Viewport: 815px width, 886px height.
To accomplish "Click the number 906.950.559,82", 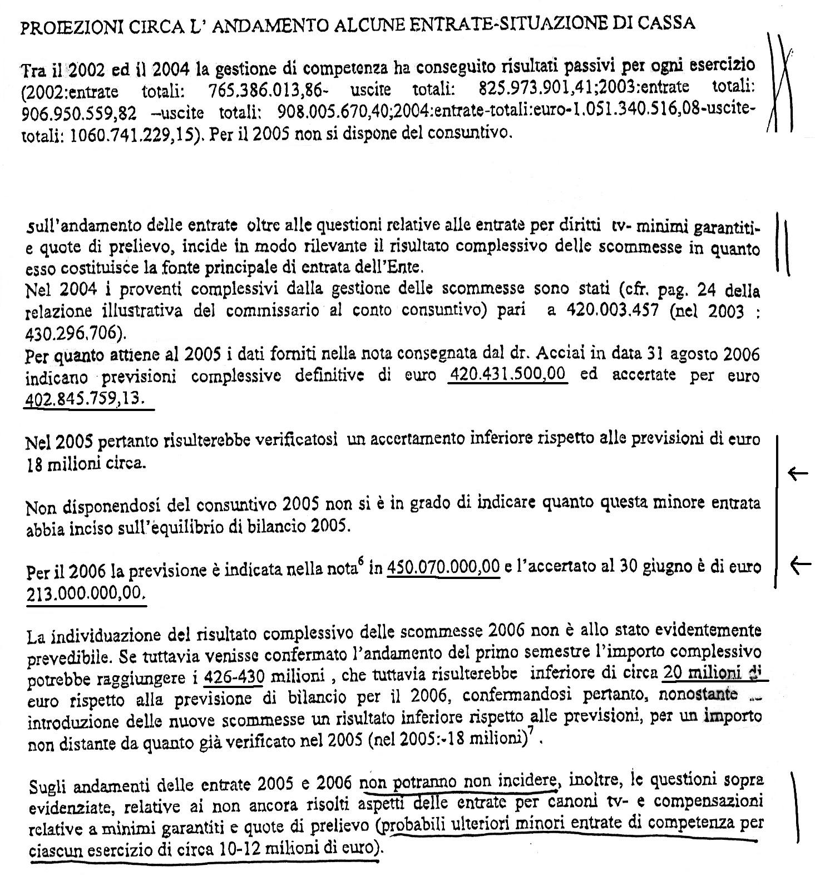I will [78, 114].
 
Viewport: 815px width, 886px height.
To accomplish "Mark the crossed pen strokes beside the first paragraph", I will [781, 83].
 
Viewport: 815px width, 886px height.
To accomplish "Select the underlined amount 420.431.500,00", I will [507, 375].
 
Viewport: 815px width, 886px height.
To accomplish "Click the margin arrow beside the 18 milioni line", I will [798, 474].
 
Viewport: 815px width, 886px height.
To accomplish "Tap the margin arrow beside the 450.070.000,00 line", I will [800, 566].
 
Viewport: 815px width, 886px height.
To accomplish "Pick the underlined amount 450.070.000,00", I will [443, 567].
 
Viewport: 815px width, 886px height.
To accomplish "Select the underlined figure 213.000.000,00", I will [86, 593].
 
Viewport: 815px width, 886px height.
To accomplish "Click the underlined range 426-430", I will [234, 677].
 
